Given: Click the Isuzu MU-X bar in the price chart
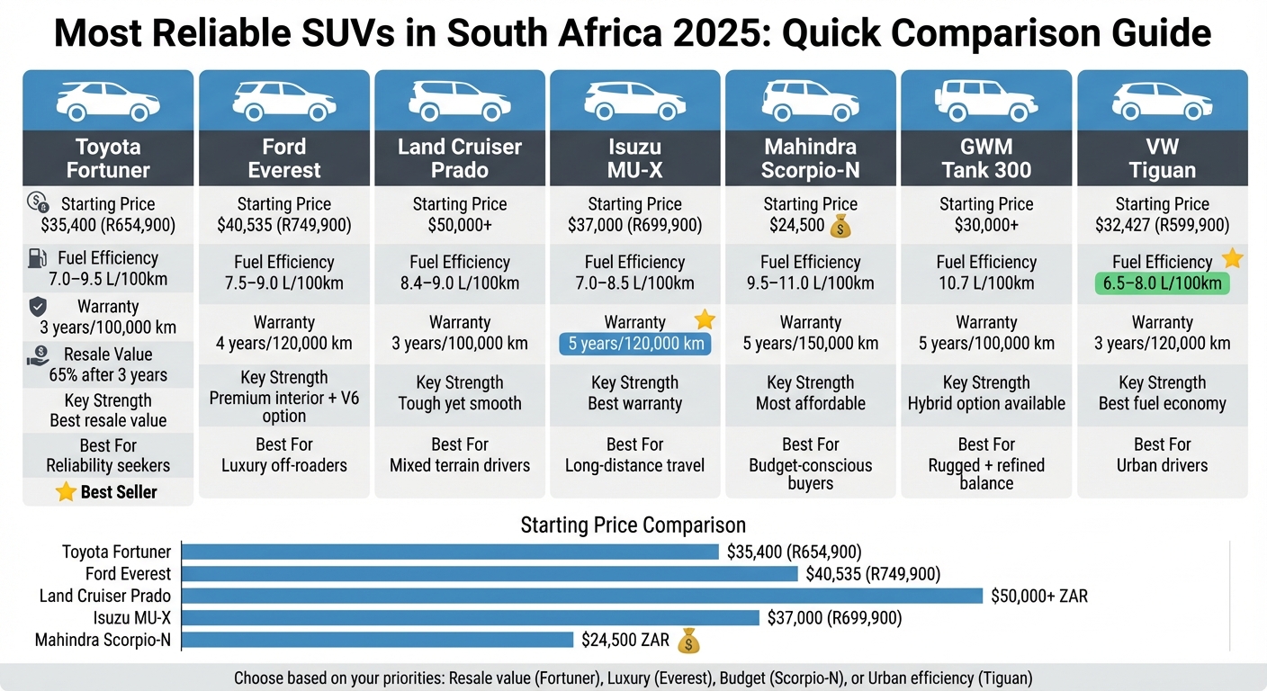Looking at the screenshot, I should [x=471, y=618].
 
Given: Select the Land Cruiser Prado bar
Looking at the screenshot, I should [x=582, y=596].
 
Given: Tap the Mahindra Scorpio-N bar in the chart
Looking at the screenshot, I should [x=378, y=640].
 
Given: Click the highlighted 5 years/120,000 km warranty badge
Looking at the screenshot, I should [x=634, y=344].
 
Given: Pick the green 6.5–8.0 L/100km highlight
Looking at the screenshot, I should [x=1162, y=283].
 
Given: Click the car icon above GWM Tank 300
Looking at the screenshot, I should [x=986, y=100].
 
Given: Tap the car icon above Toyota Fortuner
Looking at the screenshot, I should [x=108, y=100].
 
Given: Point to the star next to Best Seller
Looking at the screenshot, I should [x=66, y=492].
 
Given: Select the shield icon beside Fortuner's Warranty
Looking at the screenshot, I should [x=38, y=308].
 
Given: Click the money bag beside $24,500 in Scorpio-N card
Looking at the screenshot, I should [x=840, y=225].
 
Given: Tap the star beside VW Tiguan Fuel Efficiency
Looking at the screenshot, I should [x=1232, y=259].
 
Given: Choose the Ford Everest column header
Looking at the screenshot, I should [x=284, y=158].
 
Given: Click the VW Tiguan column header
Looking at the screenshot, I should [x=1162, y=158].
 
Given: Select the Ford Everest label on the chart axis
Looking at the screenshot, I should [x=128, y=574].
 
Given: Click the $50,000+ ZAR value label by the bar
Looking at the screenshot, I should [x=1038, y=596].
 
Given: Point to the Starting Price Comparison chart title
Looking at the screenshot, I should [x=633, y=525].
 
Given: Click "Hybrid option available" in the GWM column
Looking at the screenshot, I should [x=986, y=403].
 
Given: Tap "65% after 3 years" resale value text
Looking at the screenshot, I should [x=108, y=375].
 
